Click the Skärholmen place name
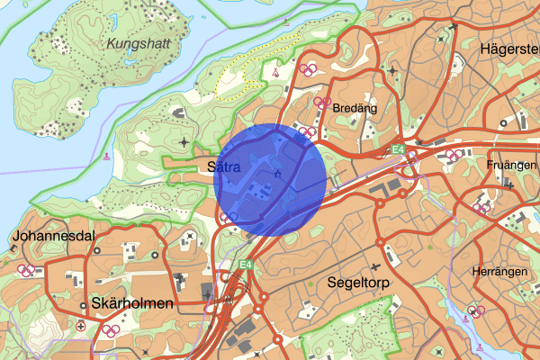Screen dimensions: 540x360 [x=132, y=303]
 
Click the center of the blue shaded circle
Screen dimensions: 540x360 [x=274, y=180]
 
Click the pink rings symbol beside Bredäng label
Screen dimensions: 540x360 [x=321, y=103]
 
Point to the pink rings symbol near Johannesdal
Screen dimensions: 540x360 [x=29, y=269]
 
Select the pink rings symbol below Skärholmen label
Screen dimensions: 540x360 [x=111, y=330]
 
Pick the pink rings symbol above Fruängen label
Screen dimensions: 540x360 [x=456, y=154]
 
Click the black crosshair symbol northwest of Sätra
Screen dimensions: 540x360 [x=185, y=141]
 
